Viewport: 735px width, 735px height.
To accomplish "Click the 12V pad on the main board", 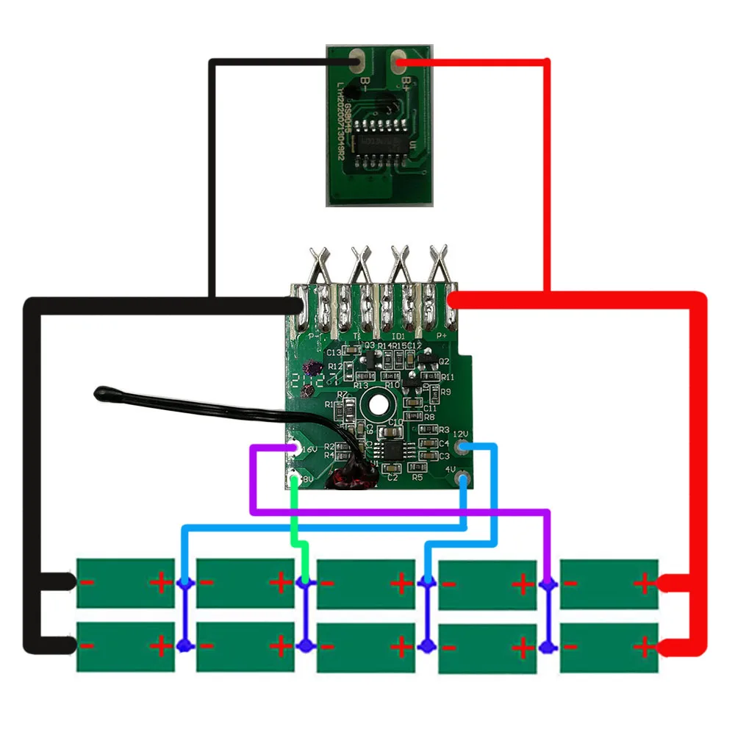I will [x=462, y=446].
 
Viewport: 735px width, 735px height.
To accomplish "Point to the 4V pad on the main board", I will [x=462, y=479].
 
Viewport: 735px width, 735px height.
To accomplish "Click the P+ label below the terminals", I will [x=442, y=335].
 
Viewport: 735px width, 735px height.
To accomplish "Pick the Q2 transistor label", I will [x=444, y=361].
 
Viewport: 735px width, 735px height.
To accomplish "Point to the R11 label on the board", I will [x=448, y=377].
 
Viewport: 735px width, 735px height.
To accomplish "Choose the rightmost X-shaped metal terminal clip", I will [x=440, y=260].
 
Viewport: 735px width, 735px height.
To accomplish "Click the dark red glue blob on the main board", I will [x=351, y=478].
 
